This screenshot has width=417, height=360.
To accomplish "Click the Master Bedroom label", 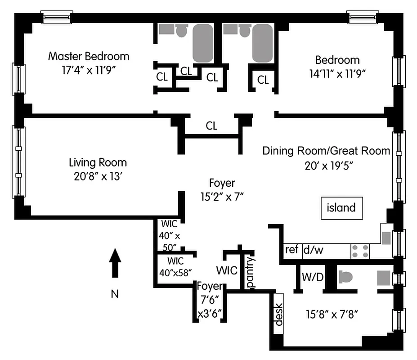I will click(x=89, y=57).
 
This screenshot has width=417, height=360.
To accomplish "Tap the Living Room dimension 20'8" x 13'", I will click(x=98, y=176).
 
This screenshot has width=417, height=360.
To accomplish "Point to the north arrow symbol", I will click(x=116, y=263).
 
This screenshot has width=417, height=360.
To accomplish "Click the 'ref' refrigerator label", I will click(x=292, y=249).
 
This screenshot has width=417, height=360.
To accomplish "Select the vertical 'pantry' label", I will click(x=251, y=272).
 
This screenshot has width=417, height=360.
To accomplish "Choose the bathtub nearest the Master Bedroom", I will click(x=203, y=43).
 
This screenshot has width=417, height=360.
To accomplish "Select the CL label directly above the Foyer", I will click(x=211, y=126).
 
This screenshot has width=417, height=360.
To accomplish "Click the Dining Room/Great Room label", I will click(x=326, y=151).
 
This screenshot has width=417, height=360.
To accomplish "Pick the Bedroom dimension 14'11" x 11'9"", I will click(x=337, y=74).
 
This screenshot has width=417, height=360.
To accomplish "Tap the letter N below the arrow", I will click(x=115, y=295).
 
